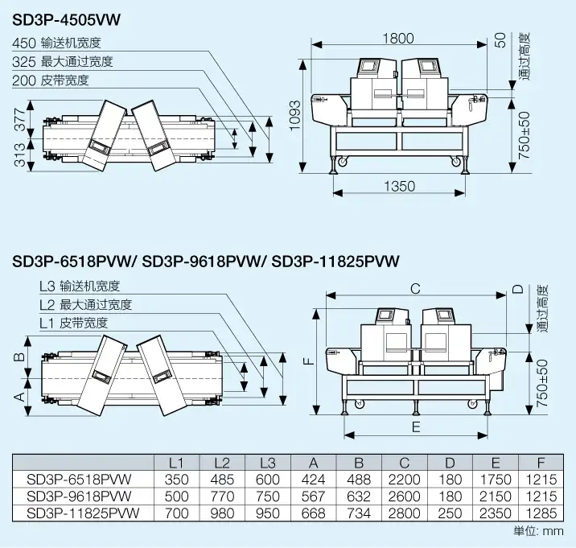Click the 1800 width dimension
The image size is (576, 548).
[x=397, y=38]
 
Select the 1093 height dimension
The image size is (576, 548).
[x=294, y=126]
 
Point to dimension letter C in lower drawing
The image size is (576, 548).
[x=415, y=288]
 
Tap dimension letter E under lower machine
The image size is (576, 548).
[x=416, y=426]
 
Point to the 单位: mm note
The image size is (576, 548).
[x=539, y=531]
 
